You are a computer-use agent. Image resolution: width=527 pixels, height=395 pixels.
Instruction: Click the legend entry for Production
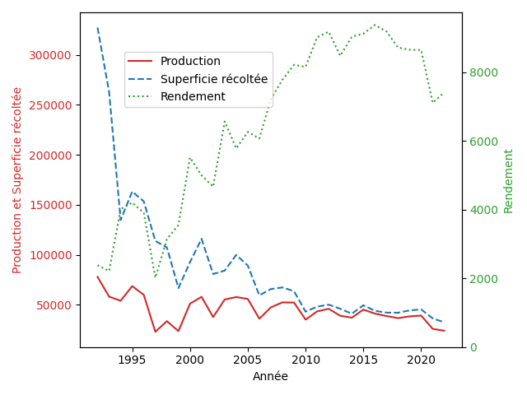pos(190,61)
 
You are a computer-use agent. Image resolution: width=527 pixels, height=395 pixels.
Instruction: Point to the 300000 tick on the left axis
pos(50,55)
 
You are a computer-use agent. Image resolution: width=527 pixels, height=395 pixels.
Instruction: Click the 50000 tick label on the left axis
pos(54,305)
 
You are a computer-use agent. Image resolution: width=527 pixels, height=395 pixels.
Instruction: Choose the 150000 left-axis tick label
pos(50,205)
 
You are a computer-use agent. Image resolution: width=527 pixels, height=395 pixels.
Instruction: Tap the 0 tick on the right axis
pos(473,347)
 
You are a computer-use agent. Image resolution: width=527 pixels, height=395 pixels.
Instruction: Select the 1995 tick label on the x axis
pos(132,360)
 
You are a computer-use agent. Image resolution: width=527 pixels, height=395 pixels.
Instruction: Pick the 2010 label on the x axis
pos(305,360)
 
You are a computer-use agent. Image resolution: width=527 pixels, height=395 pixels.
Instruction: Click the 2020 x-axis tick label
pos(421,360)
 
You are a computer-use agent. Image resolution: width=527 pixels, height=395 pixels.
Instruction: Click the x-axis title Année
pos(270,376)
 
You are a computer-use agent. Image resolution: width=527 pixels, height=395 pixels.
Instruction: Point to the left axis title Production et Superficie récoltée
pos(16,180)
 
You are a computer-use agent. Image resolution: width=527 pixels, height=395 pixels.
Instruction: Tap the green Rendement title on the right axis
pos(508,181)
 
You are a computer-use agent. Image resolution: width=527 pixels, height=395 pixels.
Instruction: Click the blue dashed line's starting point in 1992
pos(97,27)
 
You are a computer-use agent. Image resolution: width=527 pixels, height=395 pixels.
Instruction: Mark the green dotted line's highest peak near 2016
pos(375,25)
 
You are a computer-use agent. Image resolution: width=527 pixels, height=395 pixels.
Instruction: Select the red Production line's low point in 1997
pos(156,332)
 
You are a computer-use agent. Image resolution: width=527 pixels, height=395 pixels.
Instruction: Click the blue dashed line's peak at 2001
pos(202,239)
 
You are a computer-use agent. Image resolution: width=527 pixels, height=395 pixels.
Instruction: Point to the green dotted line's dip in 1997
pos(156,276)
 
